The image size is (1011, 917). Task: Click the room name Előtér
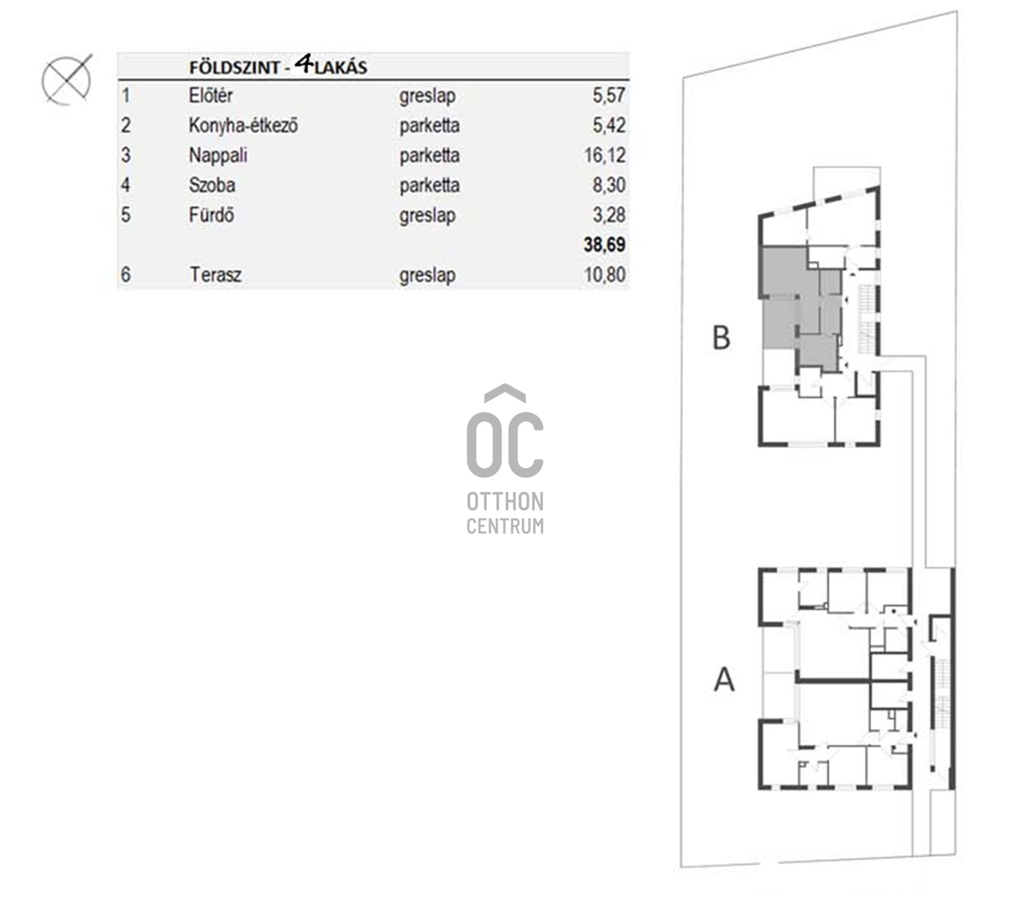click(210, 96)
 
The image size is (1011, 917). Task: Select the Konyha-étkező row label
click(243, 126)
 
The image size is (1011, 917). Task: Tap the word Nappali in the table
click(218, 156)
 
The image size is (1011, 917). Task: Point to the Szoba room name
click(212, 185)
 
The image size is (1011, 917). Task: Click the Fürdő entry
click(211, 215)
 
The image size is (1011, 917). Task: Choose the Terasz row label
click(215, 274)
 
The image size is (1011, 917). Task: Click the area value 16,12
click(605, 156)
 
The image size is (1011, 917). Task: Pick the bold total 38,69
click(604, 245)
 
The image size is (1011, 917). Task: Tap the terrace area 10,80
click(605, 274)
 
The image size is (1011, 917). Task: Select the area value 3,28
click(609, 215)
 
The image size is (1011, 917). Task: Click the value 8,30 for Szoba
click(609, 185)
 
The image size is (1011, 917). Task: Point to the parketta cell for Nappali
click(429, 156)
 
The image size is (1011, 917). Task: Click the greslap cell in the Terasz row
click(427, 276)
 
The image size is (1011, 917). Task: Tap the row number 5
click(126, 215)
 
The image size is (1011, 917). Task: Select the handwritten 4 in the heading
click(303, 64)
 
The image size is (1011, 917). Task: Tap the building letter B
click(721, 338)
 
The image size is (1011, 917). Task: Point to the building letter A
click(724, 679)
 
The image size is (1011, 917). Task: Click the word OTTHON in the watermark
click(505, 502)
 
